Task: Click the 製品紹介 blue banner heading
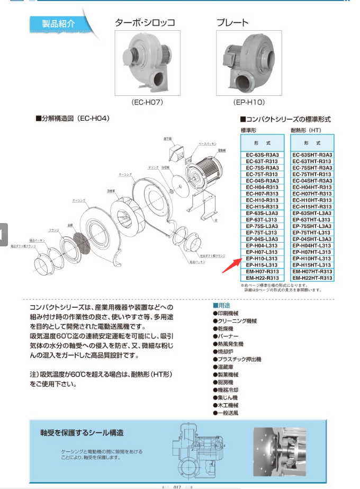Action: pos(59,24)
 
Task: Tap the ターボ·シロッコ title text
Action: pos(145,23)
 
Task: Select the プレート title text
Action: pos(232,23)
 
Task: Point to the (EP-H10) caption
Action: pos(249,102)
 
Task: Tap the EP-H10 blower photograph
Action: pos(249,63)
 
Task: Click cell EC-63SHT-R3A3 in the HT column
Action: pos(312,155)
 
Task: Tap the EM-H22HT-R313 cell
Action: pos(312,278)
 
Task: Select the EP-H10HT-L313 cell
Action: pos(312,259)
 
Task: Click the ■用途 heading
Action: pos(222,306)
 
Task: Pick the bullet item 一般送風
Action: pos(228,413)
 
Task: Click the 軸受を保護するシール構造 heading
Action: pos(82,433)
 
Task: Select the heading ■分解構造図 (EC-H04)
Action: pos(72,119)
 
